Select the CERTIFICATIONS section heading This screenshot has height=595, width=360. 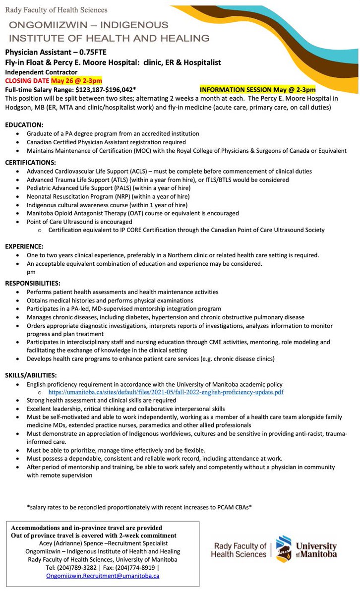[x=31, y=162]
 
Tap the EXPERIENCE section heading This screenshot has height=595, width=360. [x=24, y=246]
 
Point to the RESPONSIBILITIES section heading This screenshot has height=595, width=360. [x=33, y=283]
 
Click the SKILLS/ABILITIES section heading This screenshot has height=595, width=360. [x=31, y=375]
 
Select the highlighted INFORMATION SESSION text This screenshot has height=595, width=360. [x=257, y=89]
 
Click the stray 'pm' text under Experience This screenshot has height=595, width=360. [x=31, y=272]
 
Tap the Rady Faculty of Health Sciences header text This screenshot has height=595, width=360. [x=56, y=9]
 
